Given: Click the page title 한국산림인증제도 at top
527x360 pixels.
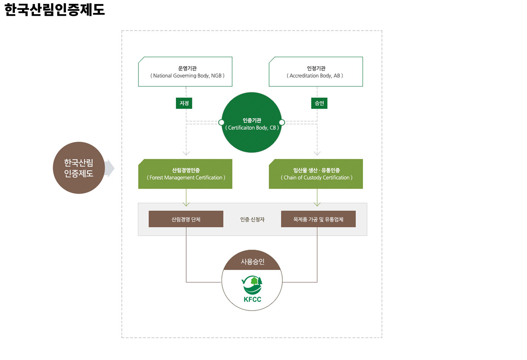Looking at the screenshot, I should pos(55,10).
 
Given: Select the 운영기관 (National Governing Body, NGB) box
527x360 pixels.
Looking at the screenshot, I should pos(185,72).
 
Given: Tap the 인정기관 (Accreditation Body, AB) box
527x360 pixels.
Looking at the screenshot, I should pos(316,72).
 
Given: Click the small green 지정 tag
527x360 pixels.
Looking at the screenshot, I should pos(184,103).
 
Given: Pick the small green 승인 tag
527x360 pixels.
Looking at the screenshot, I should pos(319,103).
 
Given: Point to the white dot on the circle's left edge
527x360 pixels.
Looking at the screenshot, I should pos(221,122).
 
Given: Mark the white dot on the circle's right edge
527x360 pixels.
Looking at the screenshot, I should pos(282,122).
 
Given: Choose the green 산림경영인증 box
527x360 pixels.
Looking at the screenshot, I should pos(185,174).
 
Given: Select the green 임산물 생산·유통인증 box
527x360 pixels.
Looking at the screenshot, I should pos(316,174).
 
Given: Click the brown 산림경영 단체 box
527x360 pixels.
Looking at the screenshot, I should pos(186,219).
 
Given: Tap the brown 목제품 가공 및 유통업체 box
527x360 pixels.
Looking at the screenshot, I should pos(318,219).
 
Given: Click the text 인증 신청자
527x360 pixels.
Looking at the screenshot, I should pos(252,219).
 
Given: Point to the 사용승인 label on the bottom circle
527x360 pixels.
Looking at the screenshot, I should pos(252,262).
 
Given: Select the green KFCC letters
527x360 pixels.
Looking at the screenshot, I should pos(252,300).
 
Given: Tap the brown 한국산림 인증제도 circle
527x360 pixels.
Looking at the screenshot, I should pos(78,168).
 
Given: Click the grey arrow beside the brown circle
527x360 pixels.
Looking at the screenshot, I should pos(109,168).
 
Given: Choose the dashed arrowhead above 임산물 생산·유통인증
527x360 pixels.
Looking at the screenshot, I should pos(317,153).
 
